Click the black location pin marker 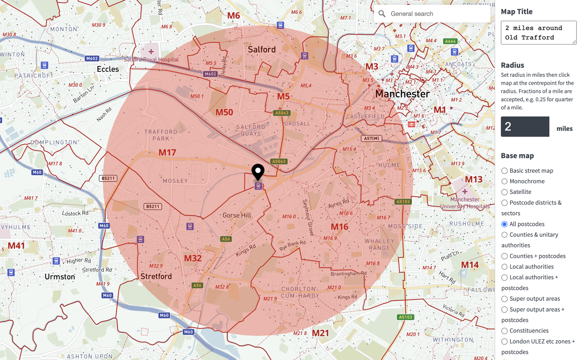[258, 171]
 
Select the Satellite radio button [504, 192]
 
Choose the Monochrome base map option [504, 181]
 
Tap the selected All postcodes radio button [504, 224]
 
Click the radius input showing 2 [525, 127]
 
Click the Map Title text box [538, 33]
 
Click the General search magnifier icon [382, 14]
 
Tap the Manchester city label [402, 94]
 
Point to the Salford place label [261, 49]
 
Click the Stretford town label [156, 276]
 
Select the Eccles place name [108, 69]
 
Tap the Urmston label [60, 277]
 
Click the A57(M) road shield [371, 138]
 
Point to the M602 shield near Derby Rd [210, 74]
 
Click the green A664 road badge [450, 41]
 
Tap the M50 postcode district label [224, 112]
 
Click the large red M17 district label [167, 153]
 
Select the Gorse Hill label [237, 216]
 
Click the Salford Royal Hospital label [151, 59]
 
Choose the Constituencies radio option [504, 331]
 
